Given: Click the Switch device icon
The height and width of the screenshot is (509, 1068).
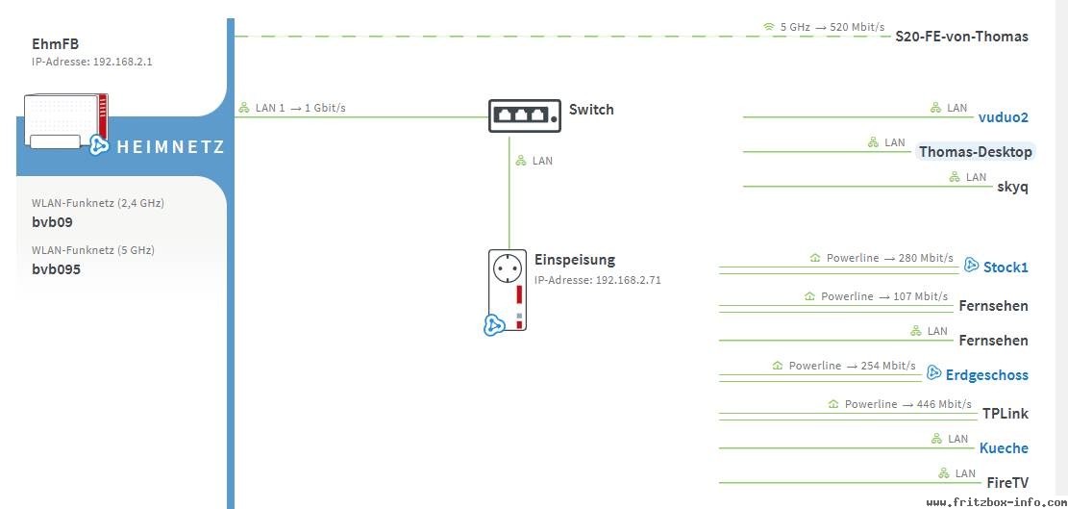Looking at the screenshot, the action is [x=525, y=115].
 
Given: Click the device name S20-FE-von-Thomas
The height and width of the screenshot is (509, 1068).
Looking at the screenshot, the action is [x=961, y=37].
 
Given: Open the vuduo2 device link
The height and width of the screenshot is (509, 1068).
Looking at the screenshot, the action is [x=1004, y=117].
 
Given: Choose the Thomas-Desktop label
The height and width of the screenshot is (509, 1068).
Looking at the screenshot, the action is [x=976, y=152].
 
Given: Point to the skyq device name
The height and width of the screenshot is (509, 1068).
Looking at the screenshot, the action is [x=1012, y=188].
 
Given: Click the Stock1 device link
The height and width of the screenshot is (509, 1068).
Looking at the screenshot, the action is [x=1006, y=267].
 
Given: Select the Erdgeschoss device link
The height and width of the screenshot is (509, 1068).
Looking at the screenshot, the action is [x=987, y=374].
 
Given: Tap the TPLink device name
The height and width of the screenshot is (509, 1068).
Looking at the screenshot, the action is [x=1006, y=414].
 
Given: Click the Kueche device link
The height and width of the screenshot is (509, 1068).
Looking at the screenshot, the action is [x=1004, y=448].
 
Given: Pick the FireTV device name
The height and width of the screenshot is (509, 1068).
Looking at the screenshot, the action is [x=1007, y=483].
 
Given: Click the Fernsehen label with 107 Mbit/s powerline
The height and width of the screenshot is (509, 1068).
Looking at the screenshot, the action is [x=994, y=306].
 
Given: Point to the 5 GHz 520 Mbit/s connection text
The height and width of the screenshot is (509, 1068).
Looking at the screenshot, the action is [x=824, y=27].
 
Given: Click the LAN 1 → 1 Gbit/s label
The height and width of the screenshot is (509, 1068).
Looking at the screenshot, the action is [x=291, y=108].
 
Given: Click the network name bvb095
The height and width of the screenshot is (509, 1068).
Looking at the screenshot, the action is [x=57, y=269].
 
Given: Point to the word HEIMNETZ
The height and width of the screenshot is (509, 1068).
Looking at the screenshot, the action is [x=170, y=146].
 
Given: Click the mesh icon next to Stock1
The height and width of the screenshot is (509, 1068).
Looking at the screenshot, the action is [x=971, y=267].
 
